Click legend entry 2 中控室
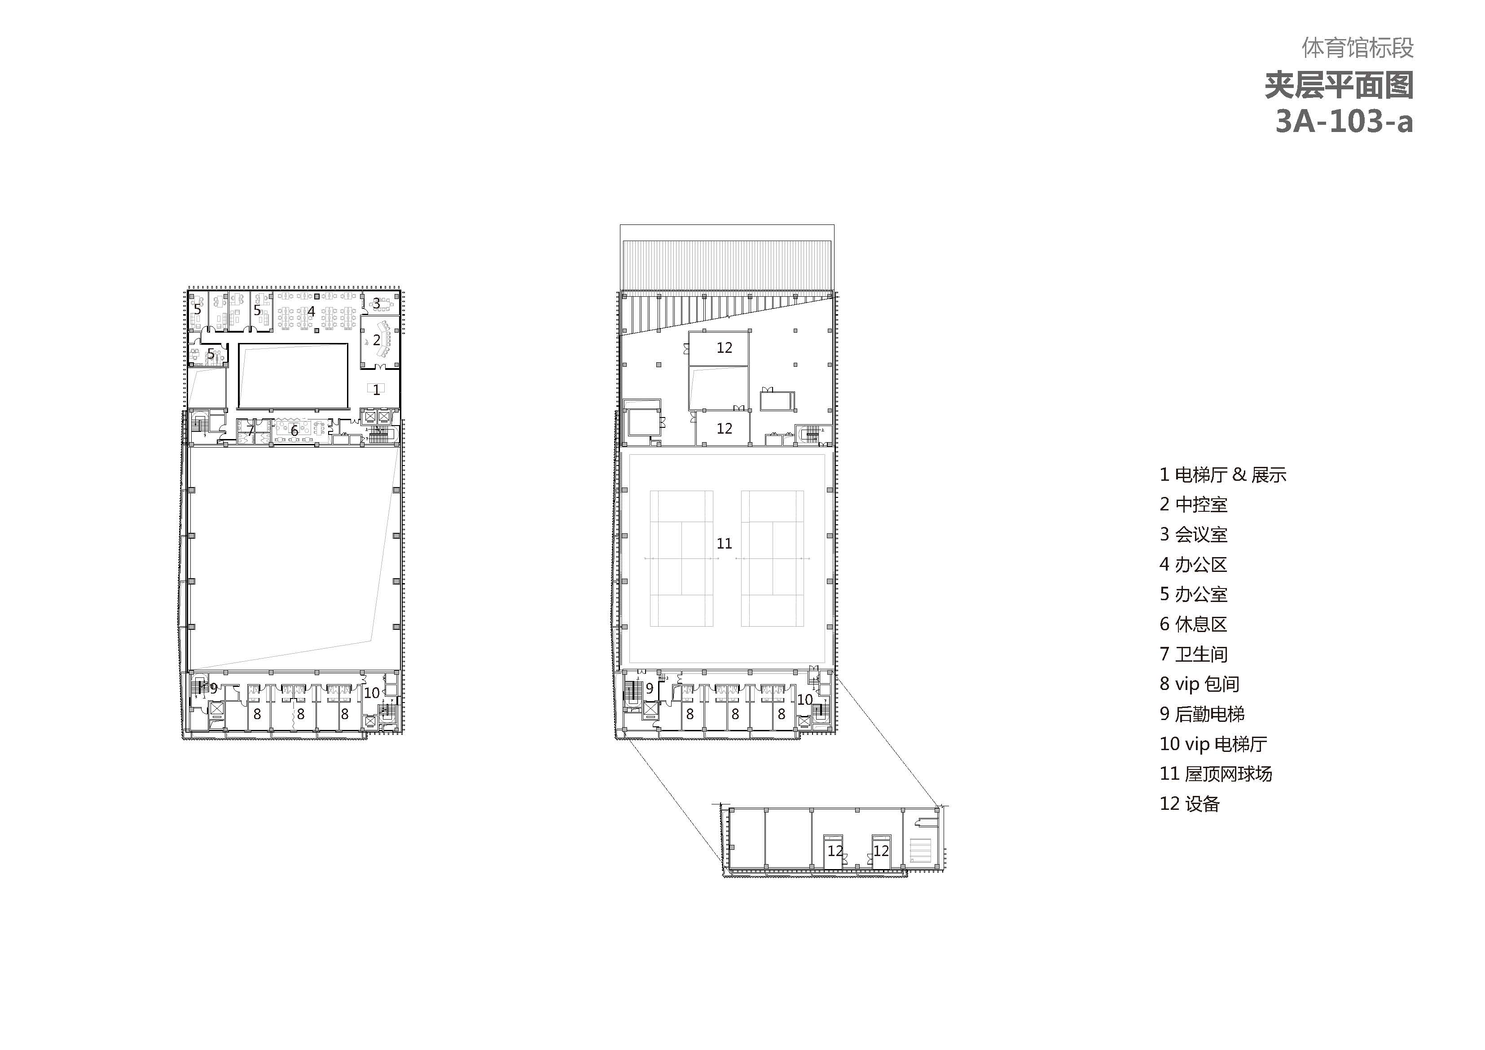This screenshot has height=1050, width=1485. coord(1193,504)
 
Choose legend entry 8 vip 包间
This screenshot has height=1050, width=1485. coord(1199,684)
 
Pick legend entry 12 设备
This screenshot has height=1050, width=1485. coord(1190,804)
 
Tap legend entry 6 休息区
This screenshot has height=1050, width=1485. coord(1193,624)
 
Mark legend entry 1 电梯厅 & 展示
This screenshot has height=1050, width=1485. coord(1223,474)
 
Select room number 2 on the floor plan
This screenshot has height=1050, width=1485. coord(377,340)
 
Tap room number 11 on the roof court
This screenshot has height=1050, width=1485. coord(725,544)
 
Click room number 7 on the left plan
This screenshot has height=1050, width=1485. coord(250,430)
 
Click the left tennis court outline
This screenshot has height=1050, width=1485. coord(682,558)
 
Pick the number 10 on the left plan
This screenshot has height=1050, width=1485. coord(372,693)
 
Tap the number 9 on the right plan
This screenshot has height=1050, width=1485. coord(650,689)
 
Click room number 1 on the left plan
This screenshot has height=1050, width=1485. coord(377,390)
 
